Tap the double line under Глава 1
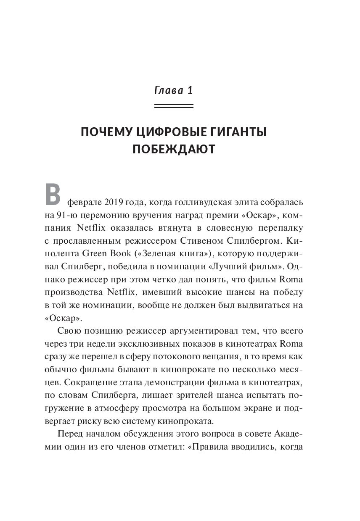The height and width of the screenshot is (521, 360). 173,108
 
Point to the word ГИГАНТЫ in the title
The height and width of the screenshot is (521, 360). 238,134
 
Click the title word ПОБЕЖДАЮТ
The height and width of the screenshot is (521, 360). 173,150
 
